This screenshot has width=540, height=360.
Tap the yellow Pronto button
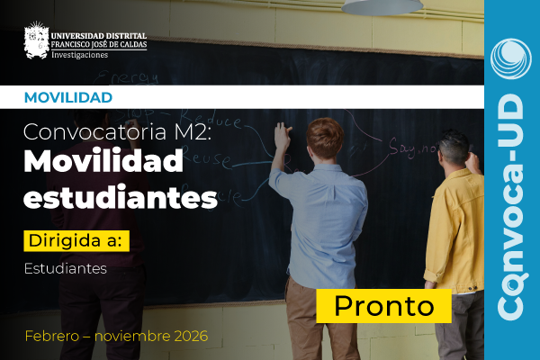click(383, 305)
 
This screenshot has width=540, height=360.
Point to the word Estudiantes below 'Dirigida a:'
click(66, 268)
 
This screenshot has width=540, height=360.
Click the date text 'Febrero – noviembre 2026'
click(116, 336)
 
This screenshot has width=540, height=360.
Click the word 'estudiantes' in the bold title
click(121, 196)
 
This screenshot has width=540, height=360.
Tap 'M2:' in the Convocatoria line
click(215, 133)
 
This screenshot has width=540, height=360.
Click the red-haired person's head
click(325, 137)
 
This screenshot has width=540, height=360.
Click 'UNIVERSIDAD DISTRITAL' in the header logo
click(98, 33)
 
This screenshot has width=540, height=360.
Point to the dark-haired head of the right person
click(453, 147)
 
